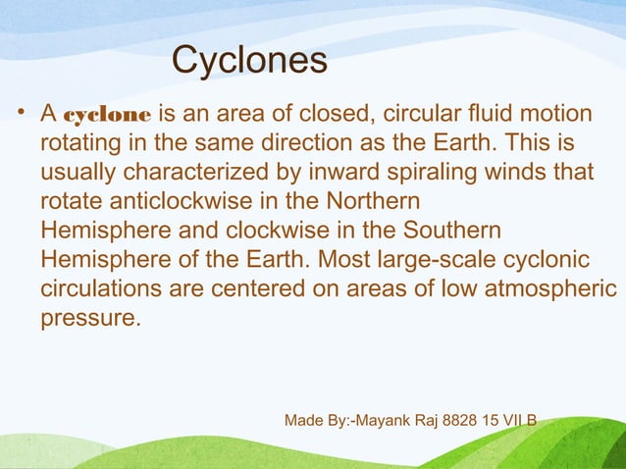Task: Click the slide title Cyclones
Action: (249, 61)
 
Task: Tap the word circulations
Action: (98, 290)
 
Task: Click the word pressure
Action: (90, 320)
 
